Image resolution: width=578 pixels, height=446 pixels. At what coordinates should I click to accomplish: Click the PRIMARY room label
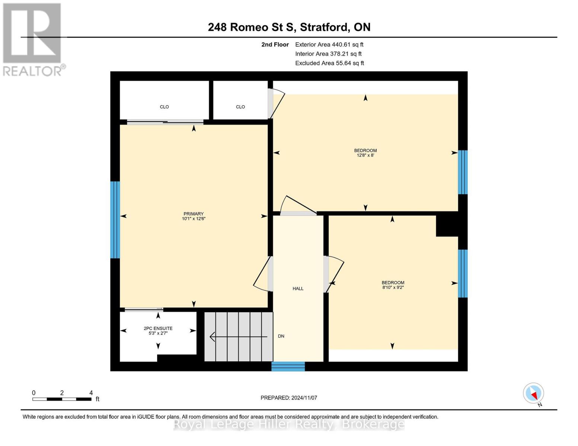194,214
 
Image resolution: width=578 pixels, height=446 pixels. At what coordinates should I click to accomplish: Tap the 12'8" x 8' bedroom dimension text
365,155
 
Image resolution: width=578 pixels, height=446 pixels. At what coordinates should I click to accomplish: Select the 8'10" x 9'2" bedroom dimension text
393,287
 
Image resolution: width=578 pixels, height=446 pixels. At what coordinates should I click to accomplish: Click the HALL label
298,288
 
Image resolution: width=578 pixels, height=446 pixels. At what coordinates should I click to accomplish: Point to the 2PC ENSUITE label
158,329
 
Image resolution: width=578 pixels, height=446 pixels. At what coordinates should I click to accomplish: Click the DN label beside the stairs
281,336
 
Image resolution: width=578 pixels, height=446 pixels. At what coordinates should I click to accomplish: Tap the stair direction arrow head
213,337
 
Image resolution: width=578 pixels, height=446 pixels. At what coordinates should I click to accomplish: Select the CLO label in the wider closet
164,107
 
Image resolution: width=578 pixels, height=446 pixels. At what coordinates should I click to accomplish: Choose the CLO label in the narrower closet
240,107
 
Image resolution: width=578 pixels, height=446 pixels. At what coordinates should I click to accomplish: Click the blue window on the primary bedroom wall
115,220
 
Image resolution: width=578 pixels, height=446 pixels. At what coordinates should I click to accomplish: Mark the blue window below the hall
288,366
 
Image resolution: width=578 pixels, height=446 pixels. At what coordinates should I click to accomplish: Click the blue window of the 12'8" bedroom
463,172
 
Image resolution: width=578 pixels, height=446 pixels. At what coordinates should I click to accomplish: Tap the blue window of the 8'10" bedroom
463,274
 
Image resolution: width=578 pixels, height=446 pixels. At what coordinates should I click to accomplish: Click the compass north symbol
534,393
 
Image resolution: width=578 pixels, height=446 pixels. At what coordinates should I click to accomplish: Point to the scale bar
62,399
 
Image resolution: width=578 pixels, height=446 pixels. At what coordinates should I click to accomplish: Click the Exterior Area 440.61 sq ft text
329,45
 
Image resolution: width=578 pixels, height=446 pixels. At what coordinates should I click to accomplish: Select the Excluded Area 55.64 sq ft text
329,63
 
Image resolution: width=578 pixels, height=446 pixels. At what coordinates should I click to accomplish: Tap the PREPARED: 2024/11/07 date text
289,398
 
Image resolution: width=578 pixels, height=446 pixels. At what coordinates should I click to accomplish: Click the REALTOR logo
33,39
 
